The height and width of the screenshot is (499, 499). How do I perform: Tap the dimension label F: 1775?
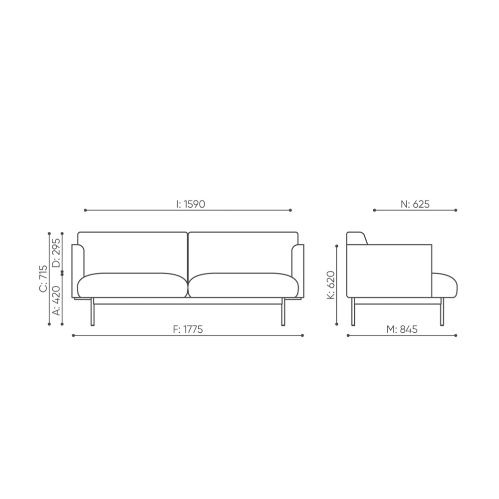pos(188,329)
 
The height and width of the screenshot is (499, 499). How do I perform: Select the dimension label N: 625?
pos(415,204)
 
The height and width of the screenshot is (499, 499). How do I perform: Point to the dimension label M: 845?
pos(402,329)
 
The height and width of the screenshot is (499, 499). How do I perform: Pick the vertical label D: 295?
pos(56,252)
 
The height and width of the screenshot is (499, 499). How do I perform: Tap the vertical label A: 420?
pos(56,300)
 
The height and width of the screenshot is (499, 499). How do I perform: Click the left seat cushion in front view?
pos(133,285)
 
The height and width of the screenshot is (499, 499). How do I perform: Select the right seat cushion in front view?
pos(244,285)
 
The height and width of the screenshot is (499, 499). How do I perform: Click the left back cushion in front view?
pos(133,252)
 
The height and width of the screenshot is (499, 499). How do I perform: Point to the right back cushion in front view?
pos(243,252)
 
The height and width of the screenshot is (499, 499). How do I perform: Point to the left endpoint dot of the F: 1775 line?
pos(73,335)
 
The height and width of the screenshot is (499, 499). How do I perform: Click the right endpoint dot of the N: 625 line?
pos(456,210)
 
